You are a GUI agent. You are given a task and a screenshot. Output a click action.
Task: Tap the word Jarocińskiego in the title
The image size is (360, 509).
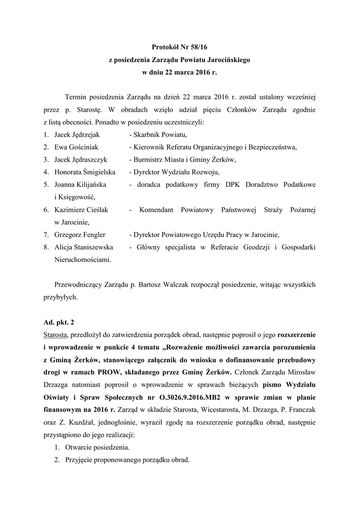point(228,59)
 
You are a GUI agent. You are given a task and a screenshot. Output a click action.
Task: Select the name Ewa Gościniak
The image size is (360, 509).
point(76,147)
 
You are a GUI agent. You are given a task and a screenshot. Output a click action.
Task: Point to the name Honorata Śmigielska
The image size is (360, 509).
point(85,172)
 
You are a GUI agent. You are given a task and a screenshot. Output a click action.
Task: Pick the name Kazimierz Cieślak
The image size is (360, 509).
point(81,210)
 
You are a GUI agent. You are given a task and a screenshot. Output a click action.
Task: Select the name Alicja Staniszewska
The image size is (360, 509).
point(83,247)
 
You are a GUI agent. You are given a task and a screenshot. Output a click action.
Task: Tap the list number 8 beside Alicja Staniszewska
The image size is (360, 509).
point(45,247)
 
